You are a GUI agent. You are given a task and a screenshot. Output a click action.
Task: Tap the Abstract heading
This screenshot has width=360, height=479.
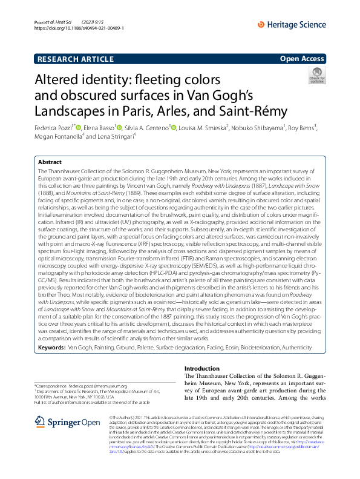(x=50, y=162)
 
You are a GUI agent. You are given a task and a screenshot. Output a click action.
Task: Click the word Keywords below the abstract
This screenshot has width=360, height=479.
(x=51, y=348)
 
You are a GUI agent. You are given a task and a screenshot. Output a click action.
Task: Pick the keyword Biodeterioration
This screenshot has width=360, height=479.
(x=262, y=348)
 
